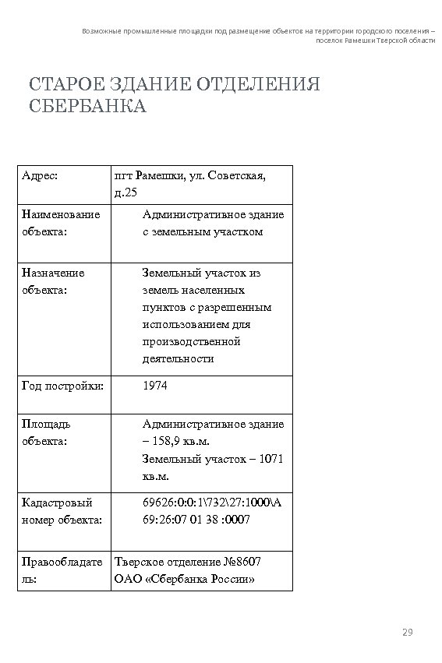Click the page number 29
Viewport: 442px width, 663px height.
pyautogui.click(x=406, y=632)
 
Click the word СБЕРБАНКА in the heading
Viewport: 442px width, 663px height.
pyautogui.click(x=87, y=106)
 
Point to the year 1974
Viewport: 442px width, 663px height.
pyautogui.click(x=155, y=385)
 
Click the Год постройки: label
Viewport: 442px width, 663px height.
pyautogui.click(x=63, y=385)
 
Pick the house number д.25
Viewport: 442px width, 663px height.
pyautogui.click(x=126, y=192)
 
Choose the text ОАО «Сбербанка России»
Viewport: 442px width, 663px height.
pyautogui.click(x=185, y=579)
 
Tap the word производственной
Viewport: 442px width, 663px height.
pyautogui.click(x=191, y=341)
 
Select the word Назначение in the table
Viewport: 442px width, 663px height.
pyautogui.click(x=54, y=273)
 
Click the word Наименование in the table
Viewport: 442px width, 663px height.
pyautogui.click(x=61, y=214)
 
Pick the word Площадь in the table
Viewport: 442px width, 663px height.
pyautogui.click(x=46, y=425)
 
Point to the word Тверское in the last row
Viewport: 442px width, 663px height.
pyautogui.click(x=139, y=562)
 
